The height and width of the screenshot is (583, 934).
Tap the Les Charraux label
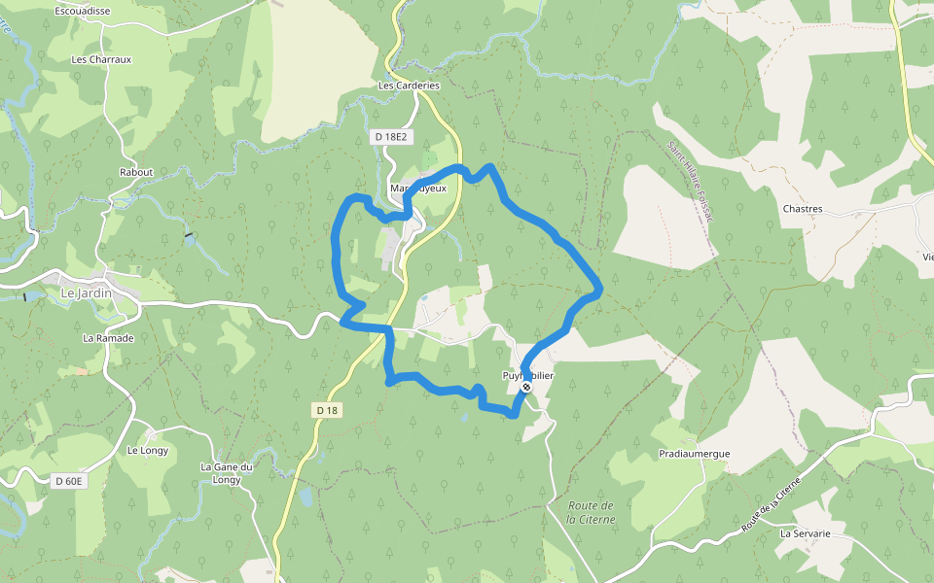point(101,59)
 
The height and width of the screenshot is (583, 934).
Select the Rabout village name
point(136,172)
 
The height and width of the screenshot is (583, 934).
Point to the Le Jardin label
point(87,292)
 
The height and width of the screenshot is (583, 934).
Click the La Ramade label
point(108,338)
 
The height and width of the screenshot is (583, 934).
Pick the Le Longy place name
point(148,450)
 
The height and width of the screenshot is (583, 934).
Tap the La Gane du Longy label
point(227,472)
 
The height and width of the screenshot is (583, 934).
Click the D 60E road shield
point(70,481)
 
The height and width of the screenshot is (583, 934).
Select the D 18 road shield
point(327,411)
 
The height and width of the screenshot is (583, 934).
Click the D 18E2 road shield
point(389,137)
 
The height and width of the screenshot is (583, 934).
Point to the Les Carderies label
point(409,86)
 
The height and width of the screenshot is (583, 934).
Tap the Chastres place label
point(803,209)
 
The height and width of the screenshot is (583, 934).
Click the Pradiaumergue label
point(694,454)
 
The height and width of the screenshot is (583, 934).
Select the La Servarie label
point(806,533)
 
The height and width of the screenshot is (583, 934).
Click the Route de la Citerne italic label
point(591,512)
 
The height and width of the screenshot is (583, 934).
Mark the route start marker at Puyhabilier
point(526,388)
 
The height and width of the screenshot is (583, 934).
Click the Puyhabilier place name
point(528,375)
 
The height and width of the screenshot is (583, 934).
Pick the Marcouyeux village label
point(417,189)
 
